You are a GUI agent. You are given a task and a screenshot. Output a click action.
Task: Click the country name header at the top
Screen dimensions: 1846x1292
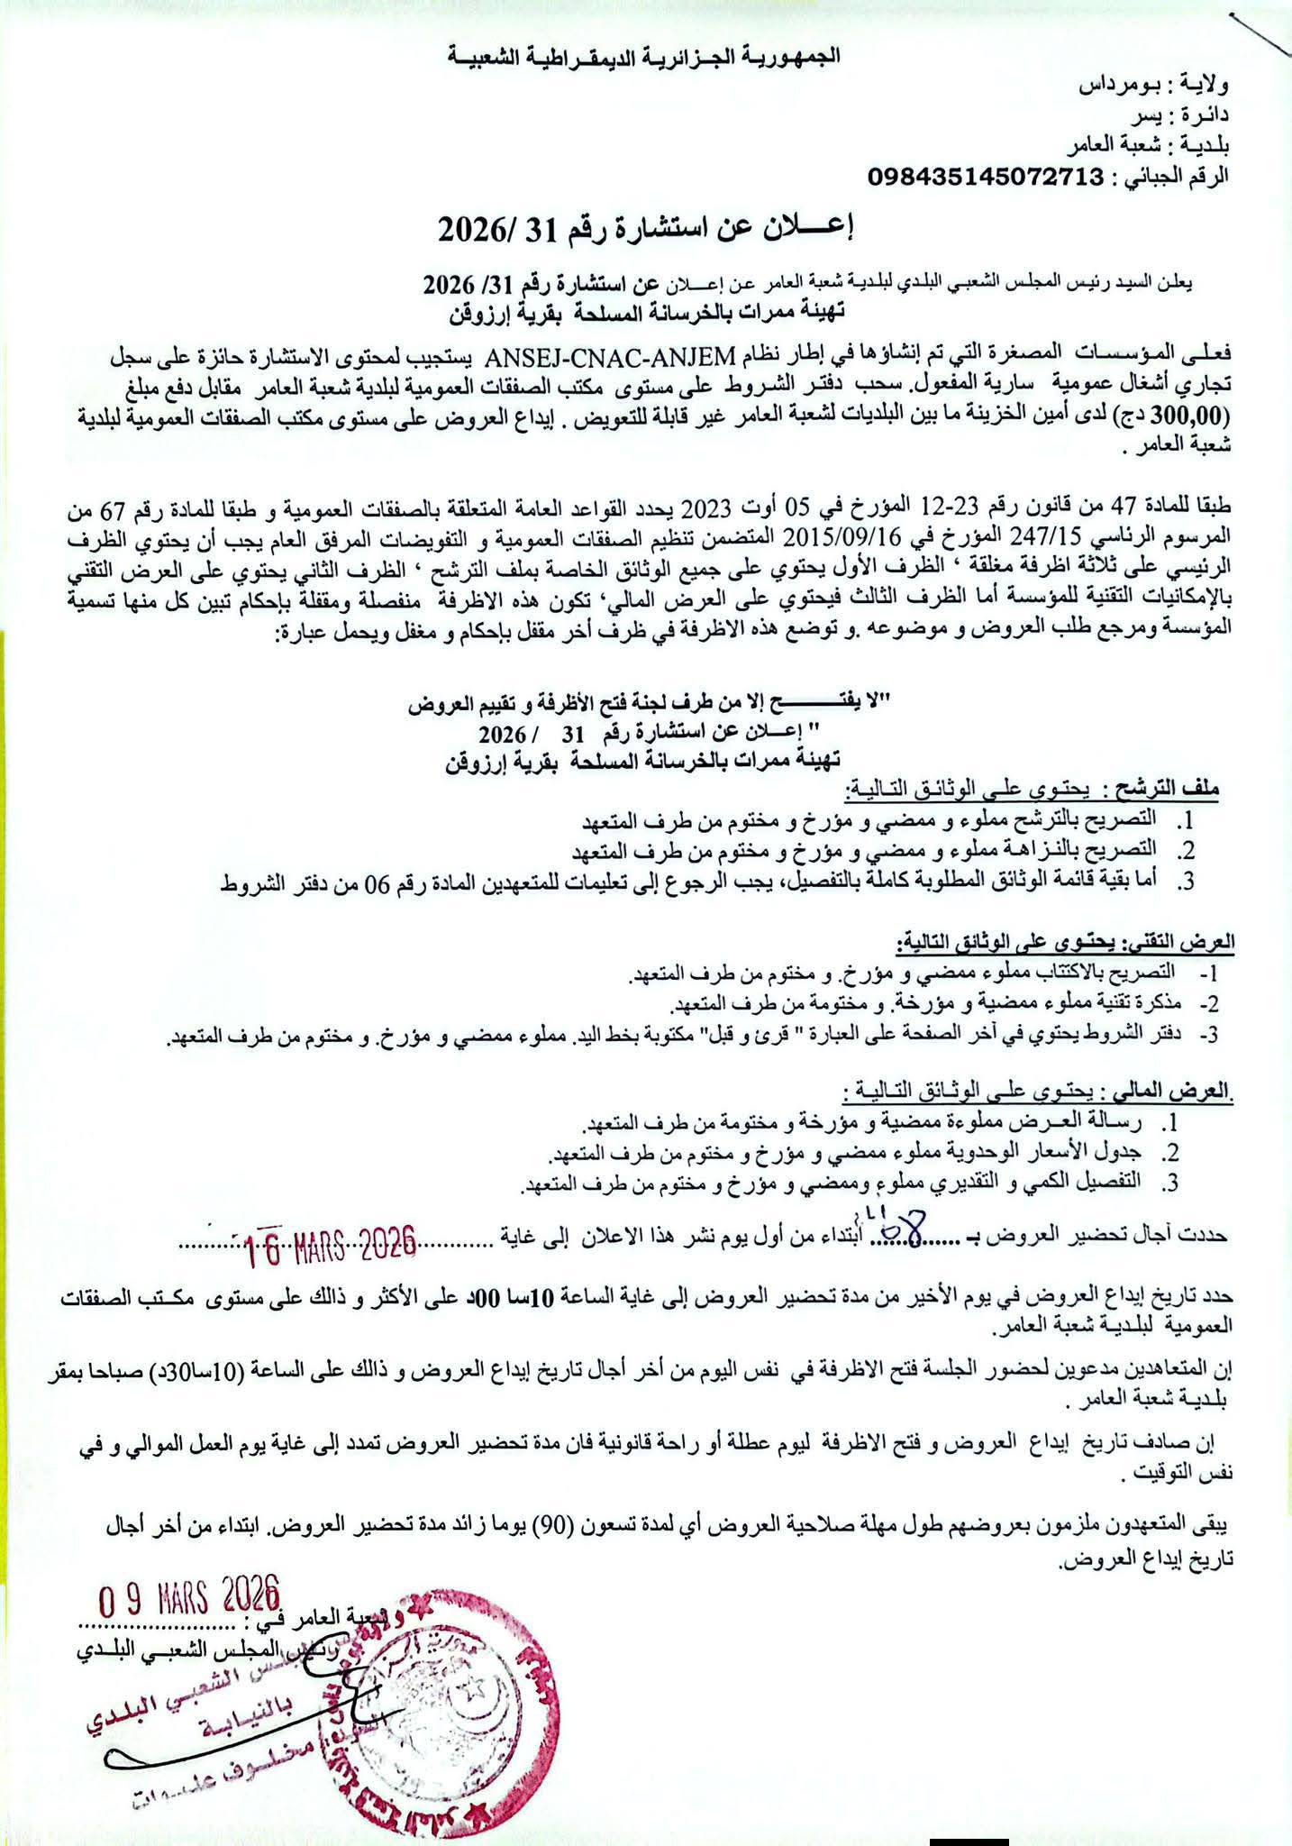coord(646,56)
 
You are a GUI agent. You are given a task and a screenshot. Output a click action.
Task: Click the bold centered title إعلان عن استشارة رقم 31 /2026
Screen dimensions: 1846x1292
coord(645,231)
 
